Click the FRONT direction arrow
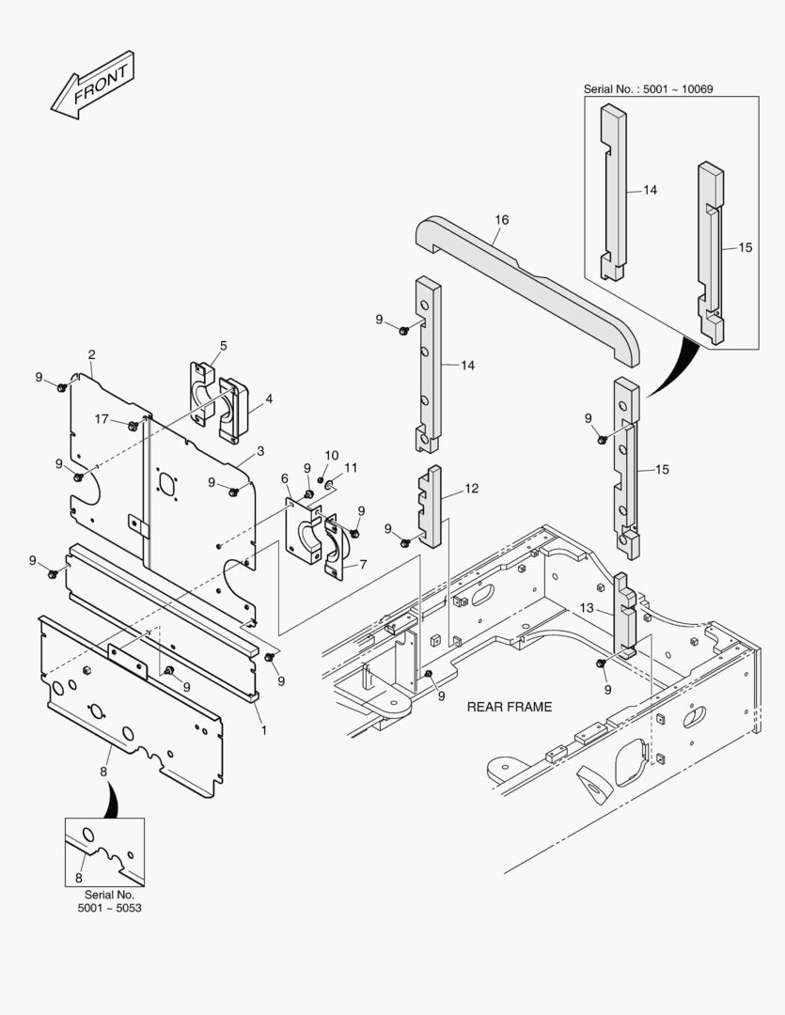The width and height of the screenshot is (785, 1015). pos(92,86)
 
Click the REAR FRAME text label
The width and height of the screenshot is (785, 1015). pos(510,707)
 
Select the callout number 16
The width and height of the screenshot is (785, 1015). pos(501,220)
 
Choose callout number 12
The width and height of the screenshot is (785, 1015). pos(471,489)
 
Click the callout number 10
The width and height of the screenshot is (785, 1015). pos(331,456)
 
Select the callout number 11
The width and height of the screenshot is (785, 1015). pos(351,467)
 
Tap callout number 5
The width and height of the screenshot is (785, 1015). pos(223,346)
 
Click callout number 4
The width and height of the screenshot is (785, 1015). pos(268,398)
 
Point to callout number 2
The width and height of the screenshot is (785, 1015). pos(91,354)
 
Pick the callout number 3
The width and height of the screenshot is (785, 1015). pos(259,451)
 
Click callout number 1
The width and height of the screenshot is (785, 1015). pos(263,729)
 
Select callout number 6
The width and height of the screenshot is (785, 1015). pos(284,478)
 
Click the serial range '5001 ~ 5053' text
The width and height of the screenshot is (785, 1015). pos(111,909)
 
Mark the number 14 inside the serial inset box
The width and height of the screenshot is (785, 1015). pos(650,190)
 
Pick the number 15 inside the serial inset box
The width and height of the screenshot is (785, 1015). pos(745,247)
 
